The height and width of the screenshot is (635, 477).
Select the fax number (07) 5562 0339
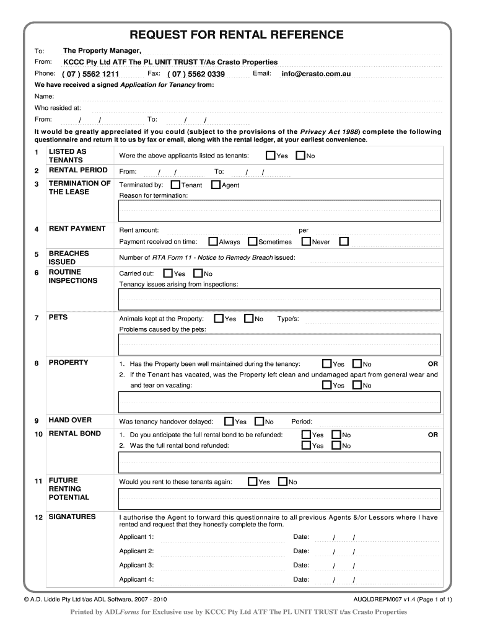click(x=196, y=74)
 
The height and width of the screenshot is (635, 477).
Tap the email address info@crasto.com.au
click(x=316, y=74)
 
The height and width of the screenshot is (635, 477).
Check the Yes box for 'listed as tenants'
click(x=271, y=155)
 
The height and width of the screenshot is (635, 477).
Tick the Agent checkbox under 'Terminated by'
click(x=216, y=185)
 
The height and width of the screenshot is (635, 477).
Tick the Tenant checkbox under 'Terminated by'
click(x=176, y=185)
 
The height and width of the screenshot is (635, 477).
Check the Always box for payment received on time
click(x=213, y=241)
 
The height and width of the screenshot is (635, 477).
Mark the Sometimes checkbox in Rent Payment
click(x=253, y=241)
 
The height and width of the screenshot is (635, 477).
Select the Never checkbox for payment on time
click(x=306, y=241)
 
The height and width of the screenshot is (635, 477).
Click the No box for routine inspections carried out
click(x=198, y=273)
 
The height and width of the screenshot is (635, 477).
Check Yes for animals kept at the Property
click(x=218, y=318)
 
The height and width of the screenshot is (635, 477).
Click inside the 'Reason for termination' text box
click(x=279, y=211)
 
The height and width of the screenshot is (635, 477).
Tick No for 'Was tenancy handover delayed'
click(x=260, y=421)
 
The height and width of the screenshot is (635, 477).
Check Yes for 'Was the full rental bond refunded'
click(x=306, y=445)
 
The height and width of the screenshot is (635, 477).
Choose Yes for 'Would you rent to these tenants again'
click(x=252, y=481)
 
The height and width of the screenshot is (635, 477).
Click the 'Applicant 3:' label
click(x=136, y=565)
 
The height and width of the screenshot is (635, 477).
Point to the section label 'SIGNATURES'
click(x=72, y=517)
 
